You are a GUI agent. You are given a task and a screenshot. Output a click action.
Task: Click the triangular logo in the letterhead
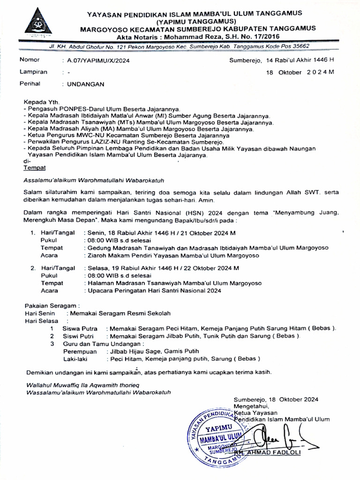pyautogui.click(x=38, y=23)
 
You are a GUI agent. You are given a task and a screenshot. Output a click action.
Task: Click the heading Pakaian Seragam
pyautogui.click(x=52, y=305)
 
